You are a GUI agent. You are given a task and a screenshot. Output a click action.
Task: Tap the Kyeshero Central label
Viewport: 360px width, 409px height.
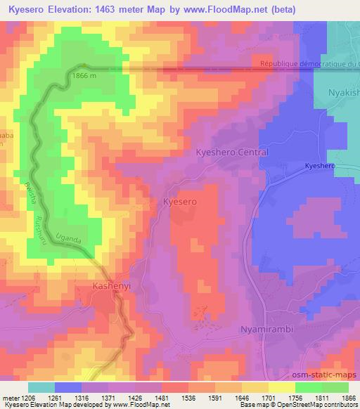231,152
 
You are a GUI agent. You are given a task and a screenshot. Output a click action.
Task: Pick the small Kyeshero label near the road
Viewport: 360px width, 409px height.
320,166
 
